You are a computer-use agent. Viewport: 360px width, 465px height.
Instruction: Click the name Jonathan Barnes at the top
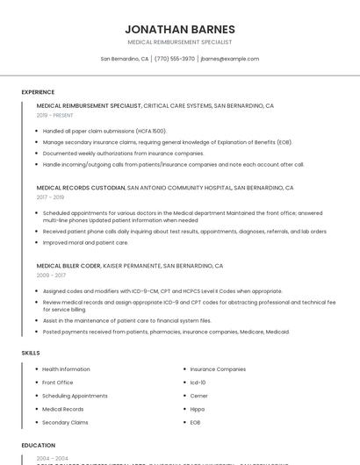click(x=179, y=29)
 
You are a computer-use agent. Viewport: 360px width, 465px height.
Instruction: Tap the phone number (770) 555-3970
click(x=175, y=59)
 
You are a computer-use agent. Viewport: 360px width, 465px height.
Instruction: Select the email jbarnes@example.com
click(x=229, y=59)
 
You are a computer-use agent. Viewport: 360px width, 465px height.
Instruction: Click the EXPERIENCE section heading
click(x=38, y=92)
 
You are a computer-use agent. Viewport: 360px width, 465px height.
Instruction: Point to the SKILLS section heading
click(x=31, y=353)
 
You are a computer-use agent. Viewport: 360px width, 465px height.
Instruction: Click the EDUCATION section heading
click(x=39, y=446)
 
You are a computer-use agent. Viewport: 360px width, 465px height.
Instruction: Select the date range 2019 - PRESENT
click(x=54, y=115)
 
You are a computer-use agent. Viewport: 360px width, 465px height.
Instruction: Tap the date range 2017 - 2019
click(x=50, y=197)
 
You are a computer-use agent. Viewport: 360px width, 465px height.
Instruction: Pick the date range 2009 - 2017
click(x=50, y=275)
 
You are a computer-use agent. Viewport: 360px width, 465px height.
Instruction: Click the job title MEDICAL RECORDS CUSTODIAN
click(x=80, y=188)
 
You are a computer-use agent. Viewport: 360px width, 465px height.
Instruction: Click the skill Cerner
click(x=199, y=396)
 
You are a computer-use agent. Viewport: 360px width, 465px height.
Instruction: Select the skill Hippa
click(x=198, y=409)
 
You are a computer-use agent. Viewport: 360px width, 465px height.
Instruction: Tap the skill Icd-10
click(x=198, y=383)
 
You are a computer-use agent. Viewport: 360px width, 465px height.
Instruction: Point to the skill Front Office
click(x=58, y=383)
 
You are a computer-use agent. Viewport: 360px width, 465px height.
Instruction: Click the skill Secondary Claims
click(x=65, y=422)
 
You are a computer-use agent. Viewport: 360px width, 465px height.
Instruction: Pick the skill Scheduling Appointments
click(x=75, y=396)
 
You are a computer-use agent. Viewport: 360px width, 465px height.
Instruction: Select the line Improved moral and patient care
click(x=85, y=243)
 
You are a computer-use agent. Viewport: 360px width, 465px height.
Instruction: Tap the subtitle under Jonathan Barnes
click(x=179, y=42)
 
